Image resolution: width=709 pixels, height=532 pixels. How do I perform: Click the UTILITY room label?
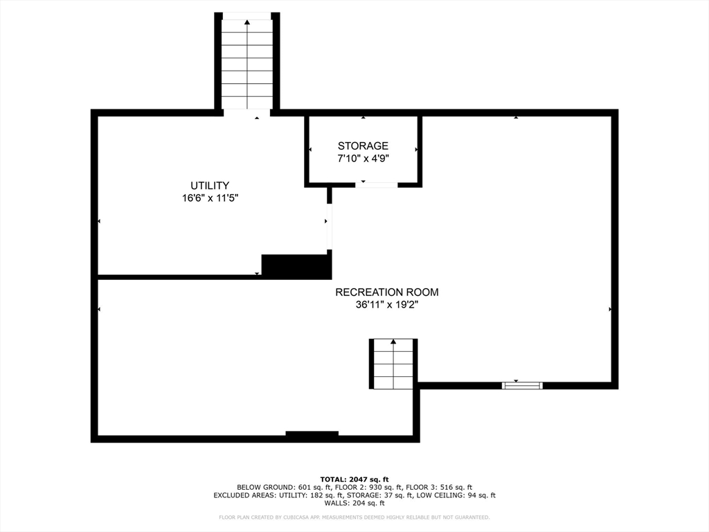[210, 186]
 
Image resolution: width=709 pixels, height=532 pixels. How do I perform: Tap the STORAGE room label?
[363, 146]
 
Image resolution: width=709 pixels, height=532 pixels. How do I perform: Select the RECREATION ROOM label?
[387, 292]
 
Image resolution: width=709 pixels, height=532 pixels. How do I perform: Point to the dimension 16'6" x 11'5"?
[210, 198]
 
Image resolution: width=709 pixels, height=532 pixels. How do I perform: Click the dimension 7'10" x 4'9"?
[363, 159]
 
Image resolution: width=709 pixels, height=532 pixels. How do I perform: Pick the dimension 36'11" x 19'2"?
[387, 305]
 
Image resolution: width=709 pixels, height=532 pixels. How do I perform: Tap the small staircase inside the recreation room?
[393, 364]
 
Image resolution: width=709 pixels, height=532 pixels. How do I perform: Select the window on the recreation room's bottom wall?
[522, 384]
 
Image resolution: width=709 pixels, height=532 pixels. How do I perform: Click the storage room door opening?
[377, 184]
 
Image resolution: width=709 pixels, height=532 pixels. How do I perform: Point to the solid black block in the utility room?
[296, 266]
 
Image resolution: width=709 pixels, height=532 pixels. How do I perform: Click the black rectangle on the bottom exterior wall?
[312, 435]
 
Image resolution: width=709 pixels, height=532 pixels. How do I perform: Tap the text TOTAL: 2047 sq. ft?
[354, 479]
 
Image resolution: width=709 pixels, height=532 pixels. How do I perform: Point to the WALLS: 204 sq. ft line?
[354, 504]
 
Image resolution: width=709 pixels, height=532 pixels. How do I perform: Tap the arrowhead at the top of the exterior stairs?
[246, 22]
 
